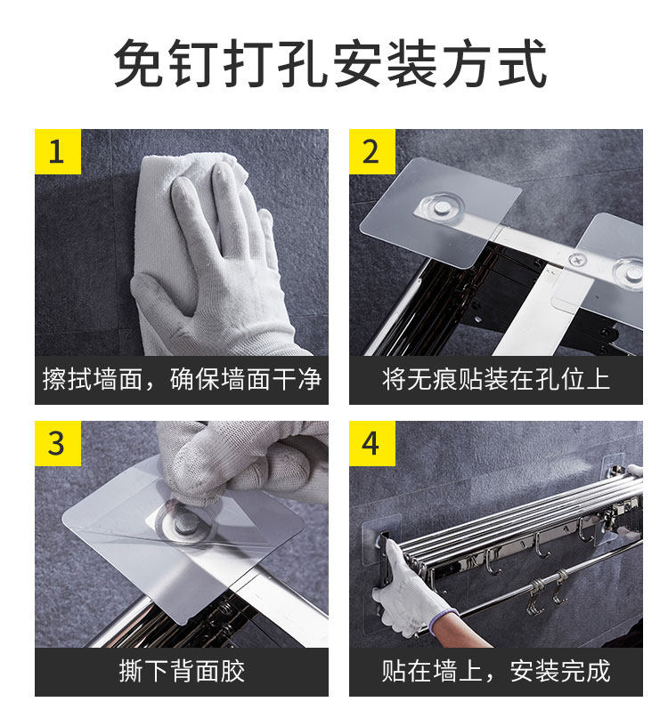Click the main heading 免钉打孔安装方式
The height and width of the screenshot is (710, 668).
click(x=330, y=63)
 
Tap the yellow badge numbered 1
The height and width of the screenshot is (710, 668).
click(x=58, y=151)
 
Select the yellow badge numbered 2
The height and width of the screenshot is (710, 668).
click(x=372, y=151)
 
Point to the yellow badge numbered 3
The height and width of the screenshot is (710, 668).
click(x=58, y=443)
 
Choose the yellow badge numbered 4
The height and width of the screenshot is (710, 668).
click(x=372, y=443)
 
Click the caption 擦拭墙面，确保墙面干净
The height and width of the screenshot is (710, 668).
click(x=182, y=379)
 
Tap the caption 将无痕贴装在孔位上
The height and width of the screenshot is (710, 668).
click(x=496, y=379)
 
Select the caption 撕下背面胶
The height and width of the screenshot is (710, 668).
click(x=182, y=671)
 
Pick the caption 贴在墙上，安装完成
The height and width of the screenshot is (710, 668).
click(x=496, y=671)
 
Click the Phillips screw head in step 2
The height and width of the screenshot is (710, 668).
click(x=578, y=260)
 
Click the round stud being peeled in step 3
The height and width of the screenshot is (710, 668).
click(x=184, y=520)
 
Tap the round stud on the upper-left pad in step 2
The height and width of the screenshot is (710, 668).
click(x=442, y=208)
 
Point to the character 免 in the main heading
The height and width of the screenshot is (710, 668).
click(x=139, y=63)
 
